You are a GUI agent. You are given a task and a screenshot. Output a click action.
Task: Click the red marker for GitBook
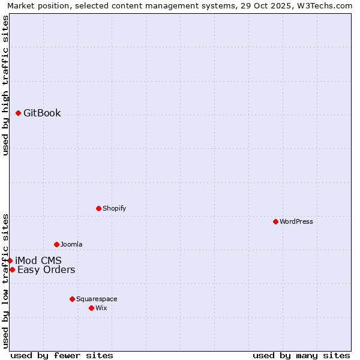tap(19, 113)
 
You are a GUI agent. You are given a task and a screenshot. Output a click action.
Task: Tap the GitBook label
tap(42, 113)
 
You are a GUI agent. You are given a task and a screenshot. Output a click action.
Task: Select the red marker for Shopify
tap(99, 208)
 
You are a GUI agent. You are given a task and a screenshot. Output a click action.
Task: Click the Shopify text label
tap(114, 208)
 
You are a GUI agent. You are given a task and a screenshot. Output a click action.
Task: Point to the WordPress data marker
tap(276, 221)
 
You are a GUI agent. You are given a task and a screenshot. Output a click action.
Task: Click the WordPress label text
tap(296, 221)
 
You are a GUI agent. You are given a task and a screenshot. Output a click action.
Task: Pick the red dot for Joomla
tap(57, 244)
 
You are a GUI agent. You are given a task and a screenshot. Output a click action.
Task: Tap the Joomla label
tap(71, 244)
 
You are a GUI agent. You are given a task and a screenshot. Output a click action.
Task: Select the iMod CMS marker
tap(10, 260)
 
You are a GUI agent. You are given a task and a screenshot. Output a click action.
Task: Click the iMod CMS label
tap(38, 260)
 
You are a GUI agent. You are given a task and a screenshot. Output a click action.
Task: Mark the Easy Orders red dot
tap(12, 269)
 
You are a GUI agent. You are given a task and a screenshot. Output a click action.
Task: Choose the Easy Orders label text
tap(46, 269)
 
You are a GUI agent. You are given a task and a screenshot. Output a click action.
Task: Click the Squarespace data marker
tap(73, 299)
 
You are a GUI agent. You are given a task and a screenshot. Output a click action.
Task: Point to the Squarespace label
tap(97, 299)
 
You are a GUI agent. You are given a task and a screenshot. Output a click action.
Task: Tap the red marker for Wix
tap(92, 308)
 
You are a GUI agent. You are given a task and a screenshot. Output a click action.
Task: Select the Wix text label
tap(101, 308)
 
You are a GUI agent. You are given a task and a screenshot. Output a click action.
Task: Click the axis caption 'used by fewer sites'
tap(62, 355)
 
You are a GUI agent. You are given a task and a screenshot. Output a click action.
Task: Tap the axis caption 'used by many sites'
tap(301, 355)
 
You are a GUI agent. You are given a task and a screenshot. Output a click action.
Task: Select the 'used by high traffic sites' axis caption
tap(6, 85)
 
